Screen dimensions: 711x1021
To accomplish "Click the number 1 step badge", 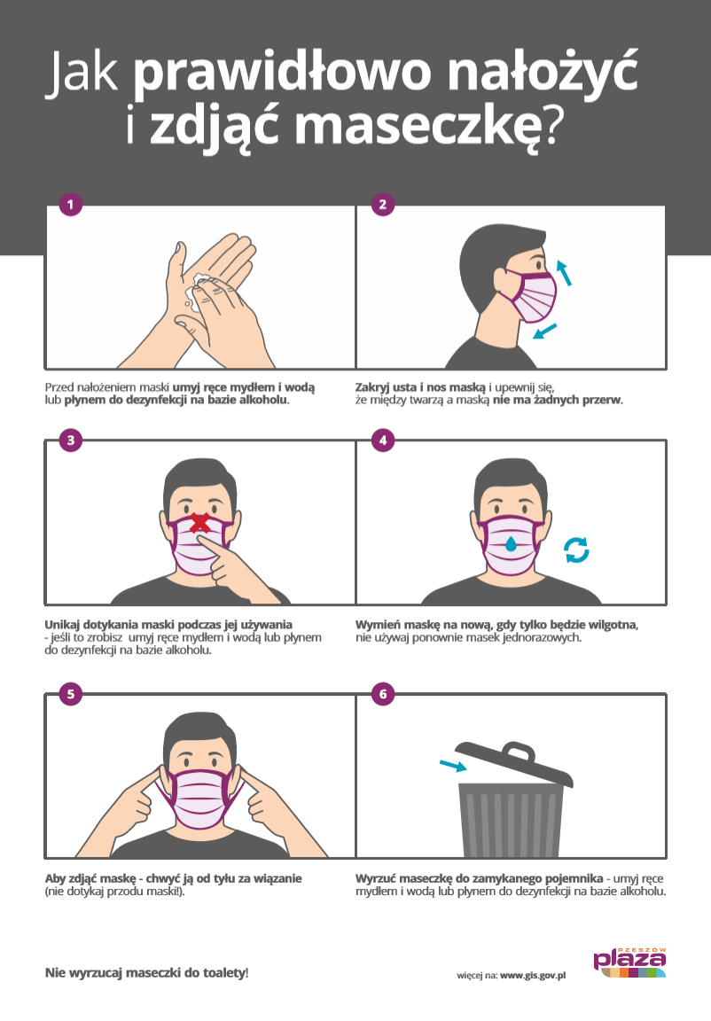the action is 70,205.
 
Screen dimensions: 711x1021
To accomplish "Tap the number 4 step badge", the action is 383,440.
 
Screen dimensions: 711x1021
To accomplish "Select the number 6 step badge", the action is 383,693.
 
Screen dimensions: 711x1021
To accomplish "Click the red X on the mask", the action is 199,523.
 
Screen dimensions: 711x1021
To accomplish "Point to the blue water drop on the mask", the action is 511,542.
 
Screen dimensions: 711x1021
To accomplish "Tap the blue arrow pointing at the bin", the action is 453,765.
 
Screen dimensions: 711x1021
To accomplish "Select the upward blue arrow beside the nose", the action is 564,273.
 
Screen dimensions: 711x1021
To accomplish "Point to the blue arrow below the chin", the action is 545,331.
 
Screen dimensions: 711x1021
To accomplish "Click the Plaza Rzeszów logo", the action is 629,963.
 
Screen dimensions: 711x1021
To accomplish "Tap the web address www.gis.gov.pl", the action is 533,976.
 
